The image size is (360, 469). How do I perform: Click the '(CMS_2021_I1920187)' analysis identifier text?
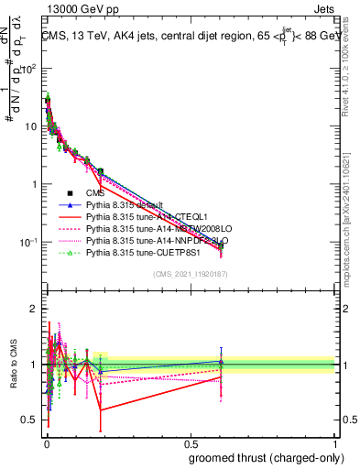click(189, 273)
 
